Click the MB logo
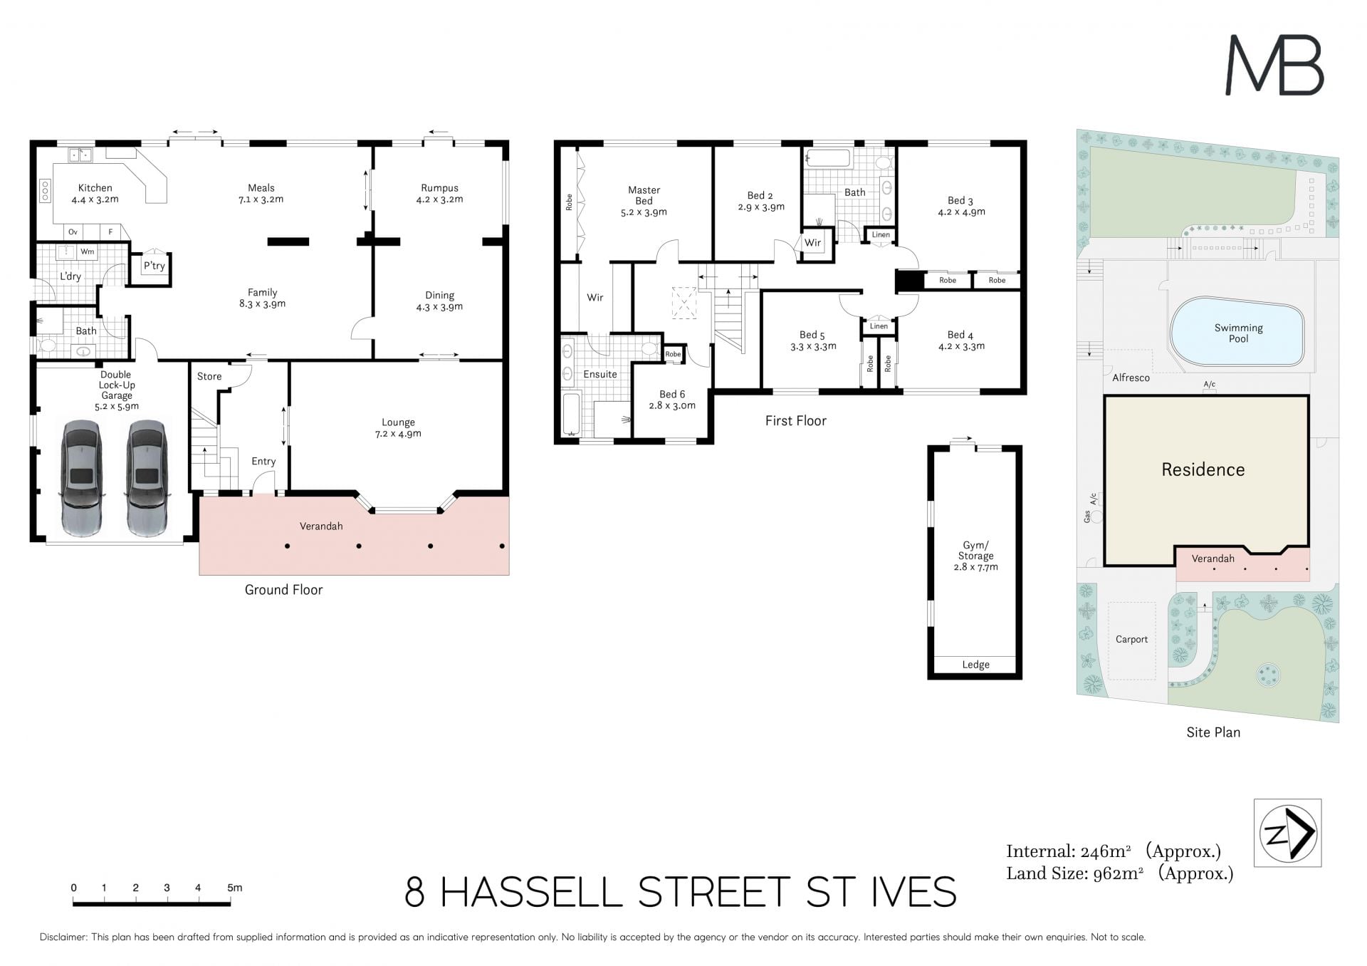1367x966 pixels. [1274, 66]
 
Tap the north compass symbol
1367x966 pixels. [1287, 833]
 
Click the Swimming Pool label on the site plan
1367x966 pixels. [1239, 333]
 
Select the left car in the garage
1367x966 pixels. [82, 478]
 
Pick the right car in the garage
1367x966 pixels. [147, 478]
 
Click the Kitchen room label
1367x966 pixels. [95, 188]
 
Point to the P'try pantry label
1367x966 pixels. [154, 266]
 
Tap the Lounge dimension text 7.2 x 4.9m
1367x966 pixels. [398, 434]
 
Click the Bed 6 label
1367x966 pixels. [672, 394]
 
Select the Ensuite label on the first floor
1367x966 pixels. [600, 374]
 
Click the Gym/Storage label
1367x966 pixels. [975, 551]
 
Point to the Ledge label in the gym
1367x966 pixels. [975, 665]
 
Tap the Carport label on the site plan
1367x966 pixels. [1131, 640]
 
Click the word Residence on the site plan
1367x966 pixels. [1203, 469]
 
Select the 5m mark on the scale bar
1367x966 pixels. [234, 888]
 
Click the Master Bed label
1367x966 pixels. [644, 195]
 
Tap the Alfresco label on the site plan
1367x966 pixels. [1131, 378]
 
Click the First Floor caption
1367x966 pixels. [796, 421]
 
